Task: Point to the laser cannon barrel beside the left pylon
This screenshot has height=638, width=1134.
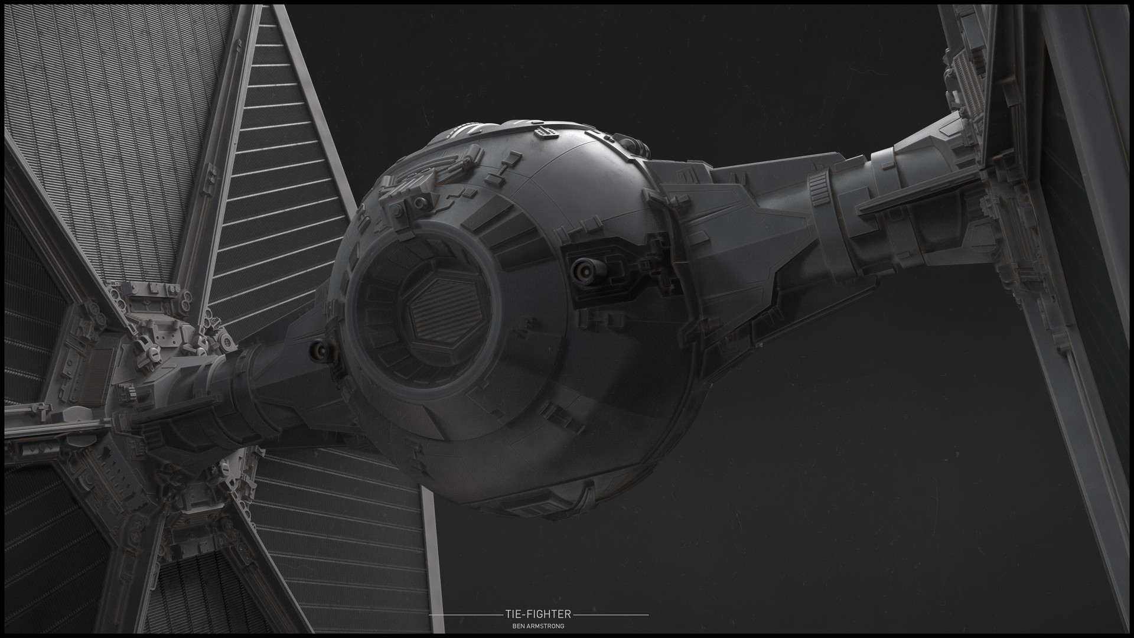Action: click(x=320, y=351)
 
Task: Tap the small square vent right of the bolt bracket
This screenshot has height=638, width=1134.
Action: click(x=470, y=193)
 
